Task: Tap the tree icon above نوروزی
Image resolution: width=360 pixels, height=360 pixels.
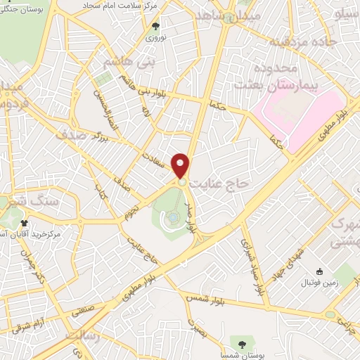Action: tap(155, 26)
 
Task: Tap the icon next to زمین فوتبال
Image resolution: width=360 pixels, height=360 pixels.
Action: tap(319, 272)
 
